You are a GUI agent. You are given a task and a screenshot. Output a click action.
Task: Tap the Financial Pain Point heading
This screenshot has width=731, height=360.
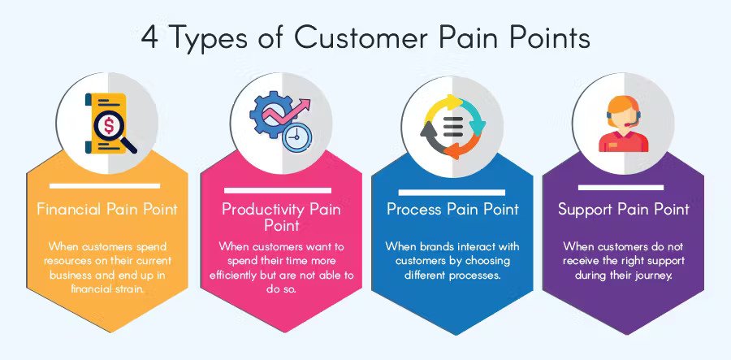(x=107, y=209)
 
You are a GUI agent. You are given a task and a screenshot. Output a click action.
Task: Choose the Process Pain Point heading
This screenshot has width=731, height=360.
(x=452, y=209)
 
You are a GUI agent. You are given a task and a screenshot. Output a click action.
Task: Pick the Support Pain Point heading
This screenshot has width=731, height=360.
(x=623, y=209)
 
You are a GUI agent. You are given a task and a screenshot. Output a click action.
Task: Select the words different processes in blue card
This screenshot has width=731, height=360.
(x=452, y=275)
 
